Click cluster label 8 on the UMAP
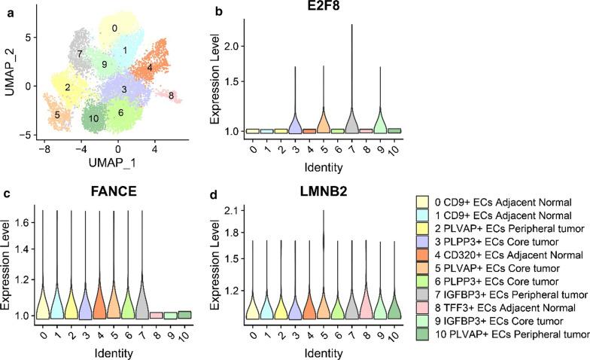click(172, 96)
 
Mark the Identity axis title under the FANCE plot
click(99, 351)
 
